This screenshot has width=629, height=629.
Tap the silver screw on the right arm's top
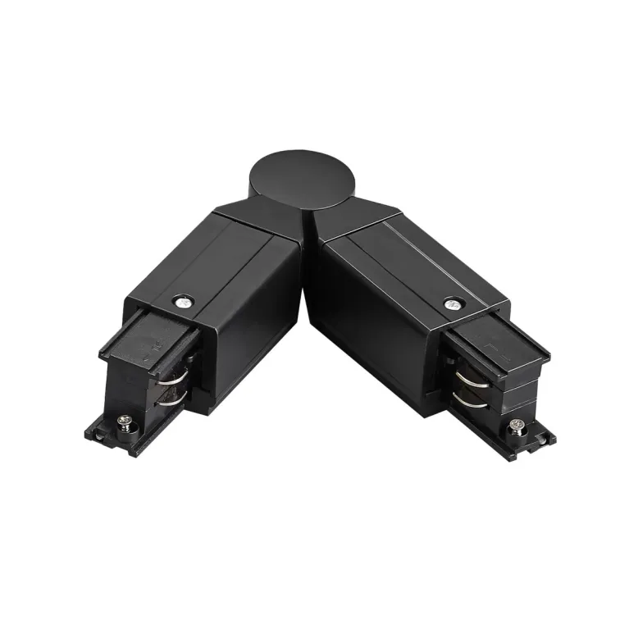click(x=450, y=303)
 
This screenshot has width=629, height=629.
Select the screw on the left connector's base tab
click(x=124, y=422)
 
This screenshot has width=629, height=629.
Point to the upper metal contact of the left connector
click(x=173, y=379)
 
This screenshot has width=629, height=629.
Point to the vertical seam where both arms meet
click(x=307, y=271)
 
